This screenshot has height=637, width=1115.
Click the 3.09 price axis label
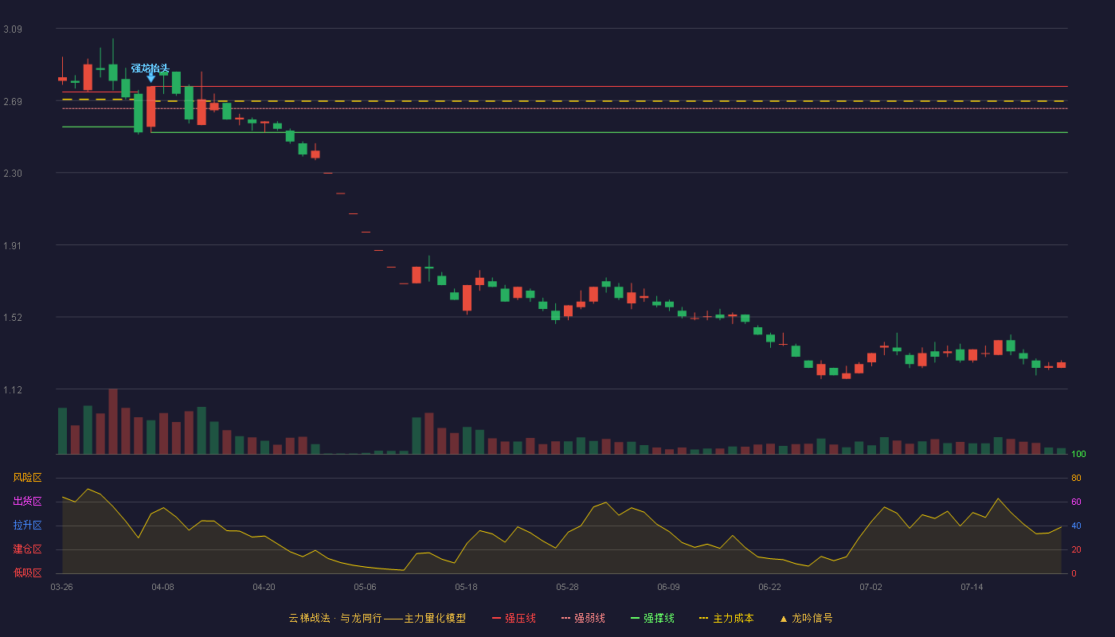click(x=13, y=29)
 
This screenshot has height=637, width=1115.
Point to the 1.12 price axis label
click(x=13, y=390)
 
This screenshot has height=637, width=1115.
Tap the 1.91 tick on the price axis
click(x=13, y=246)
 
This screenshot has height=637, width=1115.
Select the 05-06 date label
click(x=365, y=588)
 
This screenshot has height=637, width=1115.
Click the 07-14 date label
click(x=972, y=588)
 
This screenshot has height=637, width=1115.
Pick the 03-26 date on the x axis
click(x=62, y=588)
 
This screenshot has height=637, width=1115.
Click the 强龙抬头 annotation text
click(x=150, y=68)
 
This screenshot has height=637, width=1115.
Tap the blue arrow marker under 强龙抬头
click(x=151, y=78)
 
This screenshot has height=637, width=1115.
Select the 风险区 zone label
click(x=27, y=478)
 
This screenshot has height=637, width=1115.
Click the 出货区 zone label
click(x=27, y=501)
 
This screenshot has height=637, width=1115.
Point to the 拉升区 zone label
click(x=27, y=525)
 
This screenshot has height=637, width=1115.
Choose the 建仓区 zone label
click(x=27, y=549)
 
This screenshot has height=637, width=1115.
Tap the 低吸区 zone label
click(x=27, y=573)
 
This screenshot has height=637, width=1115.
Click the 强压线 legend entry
click(x=514, y=618)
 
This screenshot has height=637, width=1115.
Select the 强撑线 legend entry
click(x=652, y=618)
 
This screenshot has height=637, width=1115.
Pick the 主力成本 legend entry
click(x=726, y=618)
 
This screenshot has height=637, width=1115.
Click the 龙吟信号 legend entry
click(x=806, y=618)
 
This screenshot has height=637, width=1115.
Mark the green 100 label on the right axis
click(x=1078, y=454)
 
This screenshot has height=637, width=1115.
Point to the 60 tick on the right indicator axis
click(x=1076, y=502)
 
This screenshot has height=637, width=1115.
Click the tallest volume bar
click(x=113, y=421)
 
